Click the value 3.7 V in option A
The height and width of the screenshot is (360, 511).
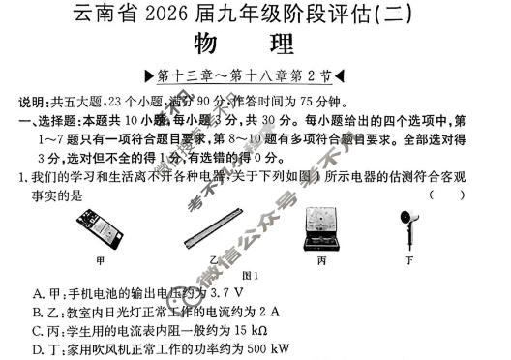pos(226,292)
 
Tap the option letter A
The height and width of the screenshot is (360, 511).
pos(38,292)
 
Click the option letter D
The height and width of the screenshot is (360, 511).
pos(38,349)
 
